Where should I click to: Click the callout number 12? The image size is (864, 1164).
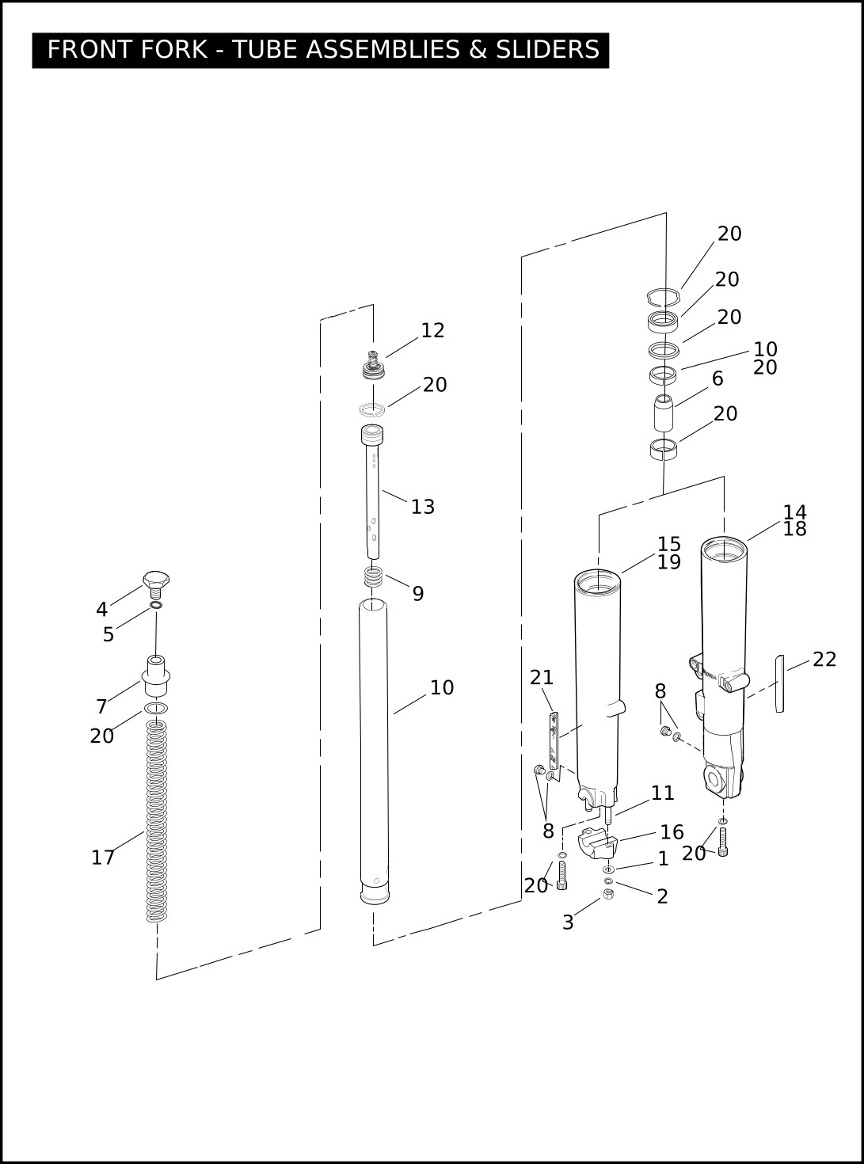tap(432, 330)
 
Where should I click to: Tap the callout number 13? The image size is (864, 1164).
tap(423, 507)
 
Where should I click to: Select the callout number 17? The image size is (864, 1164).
tap(103, 858)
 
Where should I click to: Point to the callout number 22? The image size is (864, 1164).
tap(824, 660)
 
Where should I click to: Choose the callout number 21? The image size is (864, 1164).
tap(542, 678)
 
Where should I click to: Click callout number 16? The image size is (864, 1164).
tap(672, 832)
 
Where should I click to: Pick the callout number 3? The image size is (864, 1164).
tap(568, 922)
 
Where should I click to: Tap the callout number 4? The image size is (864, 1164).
tap(101, 610)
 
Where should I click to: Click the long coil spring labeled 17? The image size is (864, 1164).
tap(157, 824)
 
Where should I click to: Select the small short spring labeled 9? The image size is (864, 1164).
tap(374, 577)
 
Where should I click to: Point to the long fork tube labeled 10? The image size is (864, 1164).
tap(374, 752)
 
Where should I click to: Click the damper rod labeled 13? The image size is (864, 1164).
tap(372, 499)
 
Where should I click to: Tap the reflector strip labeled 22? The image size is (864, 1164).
tap(779, 683)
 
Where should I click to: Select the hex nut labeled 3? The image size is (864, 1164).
tap(608, 894)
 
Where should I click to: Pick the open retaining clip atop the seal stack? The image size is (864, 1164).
tap(663, 297)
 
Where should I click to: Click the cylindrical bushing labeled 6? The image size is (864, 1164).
tap(663, 412)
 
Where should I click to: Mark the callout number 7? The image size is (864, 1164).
tap(101, 707)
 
